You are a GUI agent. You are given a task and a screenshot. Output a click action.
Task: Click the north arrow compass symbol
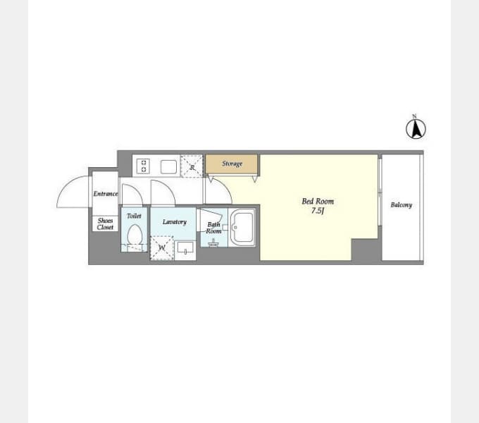(416, 129)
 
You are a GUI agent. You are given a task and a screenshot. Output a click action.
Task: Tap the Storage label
(232, 164)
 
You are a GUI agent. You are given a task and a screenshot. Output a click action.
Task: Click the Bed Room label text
(318, 201)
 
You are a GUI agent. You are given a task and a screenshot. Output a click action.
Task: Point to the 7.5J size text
(318, 211)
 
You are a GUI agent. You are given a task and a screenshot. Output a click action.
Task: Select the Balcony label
(402, 204)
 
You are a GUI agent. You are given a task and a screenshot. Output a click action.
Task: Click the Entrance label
(106, 194)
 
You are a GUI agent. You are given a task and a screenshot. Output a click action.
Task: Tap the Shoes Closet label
(105, 223)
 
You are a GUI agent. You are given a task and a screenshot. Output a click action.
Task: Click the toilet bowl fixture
(135, 235)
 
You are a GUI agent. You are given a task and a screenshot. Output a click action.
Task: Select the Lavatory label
(175, 222)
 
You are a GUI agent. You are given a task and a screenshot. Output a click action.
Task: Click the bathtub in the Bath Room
(242, 228)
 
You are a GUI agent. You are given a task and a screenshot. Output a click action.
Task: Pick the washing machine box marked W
(162, 248)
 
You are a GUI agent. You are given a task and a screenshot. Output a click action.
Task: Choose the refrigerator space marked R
(192, 166)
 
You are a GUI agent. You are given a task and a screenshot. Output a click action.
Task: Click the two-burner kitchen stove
(143, 166)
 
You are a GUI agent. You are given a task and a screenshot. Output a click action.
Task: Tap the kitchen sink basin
(168, 167)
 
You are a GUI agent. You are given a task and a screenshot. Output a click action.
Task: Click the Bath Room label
(213, 228)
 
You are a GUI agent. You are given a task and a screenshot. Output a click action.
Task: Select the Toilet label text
(134, 216)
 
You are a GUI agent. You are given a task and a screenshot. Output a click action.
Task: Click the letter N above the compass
(414, 116)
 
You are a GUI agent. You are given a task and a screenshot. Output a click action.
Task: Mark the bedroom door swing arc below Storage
(225, 186)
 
